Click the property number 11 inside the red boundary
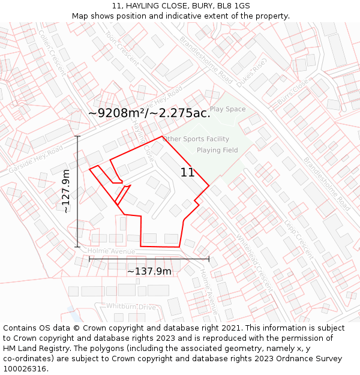tap(187, 173)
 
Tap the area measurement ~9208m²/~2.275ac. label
tap(149, 113)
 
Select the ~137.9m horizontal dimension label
tap(149, 271)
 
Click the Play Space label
tap(227, 109)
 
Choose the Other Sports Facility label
tap(196, 139)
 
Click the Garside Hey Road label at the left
tap(36, 159)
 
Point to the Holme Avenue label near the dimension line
tap(112, 251)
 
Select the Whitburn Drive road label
tap(131, 307)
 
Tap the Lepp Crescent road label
tap(299, 240)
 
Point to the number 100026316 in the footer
tap(26, 369)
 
